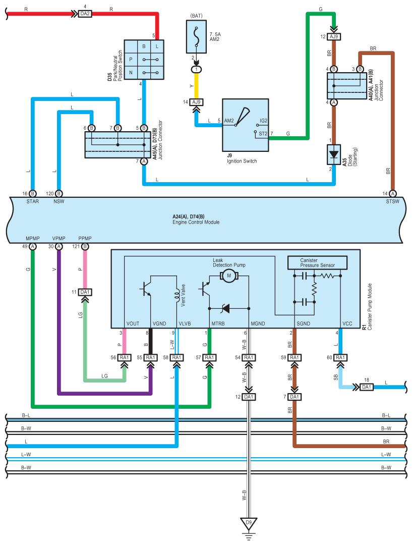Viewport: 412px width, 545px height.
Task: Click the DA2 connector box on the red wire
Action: tap(85, 14)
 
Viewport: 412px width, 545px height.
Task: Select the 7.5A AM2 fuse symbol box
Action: tap(196, 36)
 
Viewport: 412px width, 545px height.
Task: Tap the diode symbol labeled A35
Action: tap(334, 154)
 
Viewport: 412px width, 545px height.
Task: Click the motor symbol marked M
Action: tap(228, 276)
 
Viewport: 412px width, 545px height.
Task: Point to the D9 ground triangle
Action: tap(249, 523)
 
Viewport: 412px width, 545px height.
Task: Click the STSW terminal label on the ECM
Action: tap(392, 201)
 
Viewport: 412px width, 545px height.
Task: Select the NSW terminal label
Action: tap(58, 201)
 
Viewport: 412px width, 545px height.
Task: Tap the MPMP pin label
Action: tap(33, 238)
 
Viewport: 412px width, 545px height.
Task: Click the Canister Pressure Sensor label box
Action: tap(318, 263)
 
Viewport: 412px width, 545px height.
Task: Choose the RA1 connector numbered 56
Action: tap(124, 358)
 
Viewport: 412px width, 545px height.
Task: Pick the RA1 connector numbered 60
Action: tap(340, 358)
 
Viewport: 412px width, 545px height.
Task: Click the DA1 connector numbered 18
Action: tap(367, 387)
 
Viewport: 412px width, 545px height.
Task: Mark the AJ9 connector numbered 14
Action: tap(196, 102)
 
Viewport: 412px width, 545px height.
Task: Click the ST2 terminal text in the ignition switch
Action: tap(263, 134)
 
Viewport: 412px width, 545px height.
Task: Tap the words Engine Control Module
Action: tap(196, 222)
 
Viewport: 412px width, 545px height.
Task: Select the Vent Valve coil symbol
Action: tap(177, 295)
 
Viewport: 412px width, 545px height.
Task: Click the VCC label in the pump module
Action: tap(347, 323)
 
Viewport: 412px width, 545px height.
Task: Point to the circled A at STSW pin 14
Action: tap(392, 194)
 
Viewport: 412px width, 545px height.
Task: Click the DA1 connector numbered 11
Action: tap(85, 292)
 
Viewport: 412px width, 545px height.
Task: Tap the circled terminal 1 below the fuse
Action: tap(196, 70)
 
